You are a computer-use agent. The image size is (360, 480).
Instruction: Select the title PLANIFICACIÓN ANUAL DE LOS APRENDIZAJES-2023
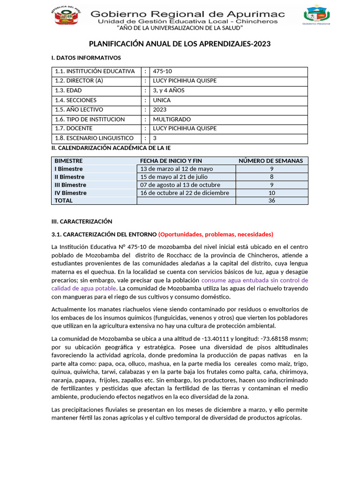pos(180,44)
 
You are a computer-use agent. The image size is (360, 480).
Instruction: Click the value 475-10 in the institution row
pos(163,71)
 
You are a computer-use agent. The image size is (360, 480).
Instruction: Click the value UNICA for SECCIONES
pos(162,100)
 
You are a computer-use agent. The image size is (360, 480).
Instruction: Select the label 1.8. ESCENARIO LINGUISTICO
pos(94,138)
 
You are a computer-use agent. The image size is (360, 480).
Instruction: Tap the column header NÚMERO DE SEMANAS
pos(270,161)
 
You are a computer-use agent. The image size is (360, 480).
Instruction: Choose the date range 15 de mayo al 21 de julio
pos(174,177)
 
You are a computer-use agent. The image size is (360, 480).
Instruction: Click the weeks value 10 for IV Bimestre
pos(272,193)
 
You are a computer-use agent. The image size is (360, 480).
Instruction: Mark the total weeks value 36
pos(272,201)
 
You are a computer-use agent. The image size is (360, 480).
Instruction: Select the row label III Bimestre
pos(70,185)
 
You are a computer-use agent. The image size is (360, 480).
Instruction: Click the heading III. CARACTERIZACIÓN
pos(82,221)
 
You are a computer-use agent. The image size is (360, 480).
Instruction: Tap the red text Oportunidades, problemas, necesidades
pos(216,234)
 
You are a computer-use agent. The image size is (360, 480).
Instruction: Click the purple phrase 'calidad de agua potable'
pos(83,288)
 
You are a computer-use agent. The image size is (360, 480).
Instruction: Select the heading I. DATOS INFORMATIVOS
pos(86,58)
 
